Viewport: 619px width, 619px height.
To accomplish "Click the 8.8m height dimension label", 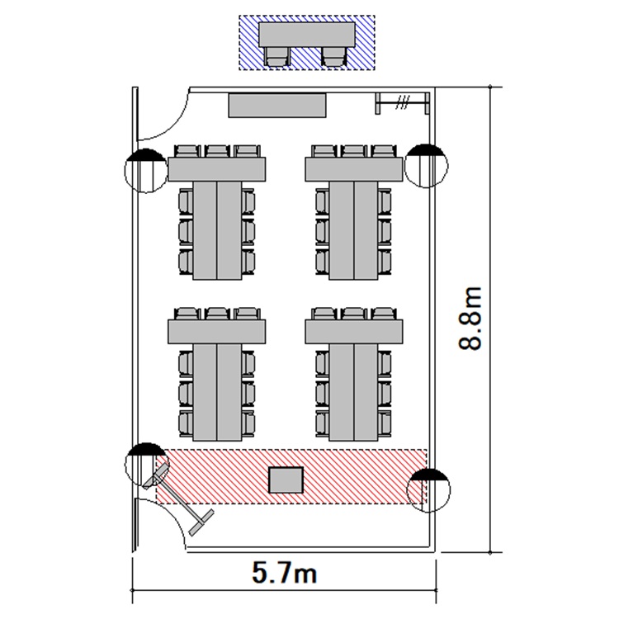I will coord(471,319).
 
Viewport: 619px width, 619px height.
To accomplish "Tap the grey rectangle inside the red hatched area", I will coord(286,480).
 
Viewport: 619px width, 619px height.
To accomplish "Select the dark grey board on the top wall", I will coord(277,105).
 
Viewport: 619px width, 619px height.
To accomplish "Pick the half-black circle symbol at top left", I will coord(144,169).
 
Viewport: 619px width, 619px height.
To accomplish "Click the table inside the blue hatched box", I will coord(306,35).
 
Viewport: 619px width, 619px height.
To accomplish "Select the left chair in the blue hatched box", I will coord(277,56).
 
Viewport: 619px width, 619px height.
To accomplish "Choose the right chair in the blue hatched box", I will coord(333,56).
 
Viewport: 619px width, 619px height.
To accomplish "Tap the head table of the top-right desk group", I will coord(356,169).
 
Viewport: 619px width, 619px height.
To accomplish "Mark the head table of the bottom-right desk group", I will coord(356,331).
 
